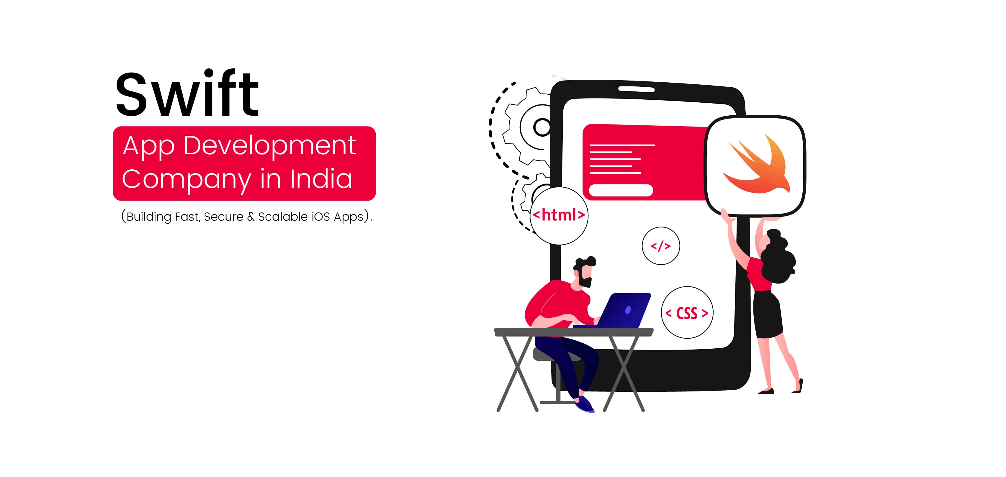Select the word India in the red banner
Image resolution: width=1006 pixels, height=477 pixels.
[321, 178]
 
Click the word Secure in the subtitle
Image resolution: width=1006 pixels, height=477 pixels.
[223, 217]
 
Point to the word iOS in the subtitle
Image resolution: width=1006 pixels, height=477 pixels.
[320, 217]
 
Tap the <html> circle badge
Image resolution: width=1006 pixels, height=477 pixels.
[559, 215]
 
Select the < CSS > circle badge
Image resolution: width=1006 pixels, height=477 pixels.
[687, 313]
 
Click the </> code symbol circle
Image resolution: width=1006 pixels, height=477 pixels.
[661, 246]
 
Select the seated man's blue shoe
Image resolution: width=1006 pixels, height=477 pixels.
[585, 404]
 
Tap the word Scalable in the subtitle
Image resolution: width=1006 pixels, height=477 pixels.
[283, 217]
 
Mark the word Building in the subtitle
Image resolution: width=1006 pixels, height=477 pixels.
[149, 217]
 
